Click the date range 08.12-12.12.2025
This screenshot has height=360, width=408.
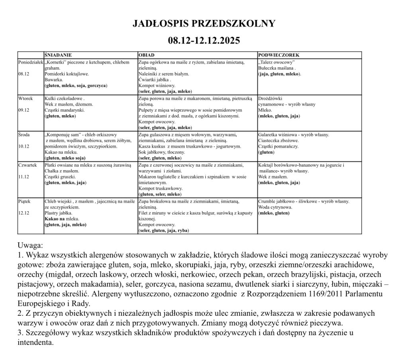pos(204,40)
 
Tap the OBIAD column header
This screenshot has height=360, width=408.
pos(146,55)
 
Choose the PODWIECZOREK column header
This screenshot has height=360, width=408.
pos(279,55)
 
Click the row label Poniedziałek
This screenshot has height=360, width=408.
pos(30,63)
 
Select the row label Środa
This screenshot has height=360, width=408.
pos(24,135)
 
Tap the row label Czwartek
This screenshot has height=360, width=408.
pos(27,165)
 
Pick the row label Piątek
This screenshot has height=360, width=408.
pos(25,201)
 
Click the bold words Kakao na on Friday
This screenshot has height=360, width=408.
pos(55,219)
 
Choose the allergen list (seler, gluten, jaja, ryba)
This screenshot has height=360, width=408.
pos(163,230)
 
